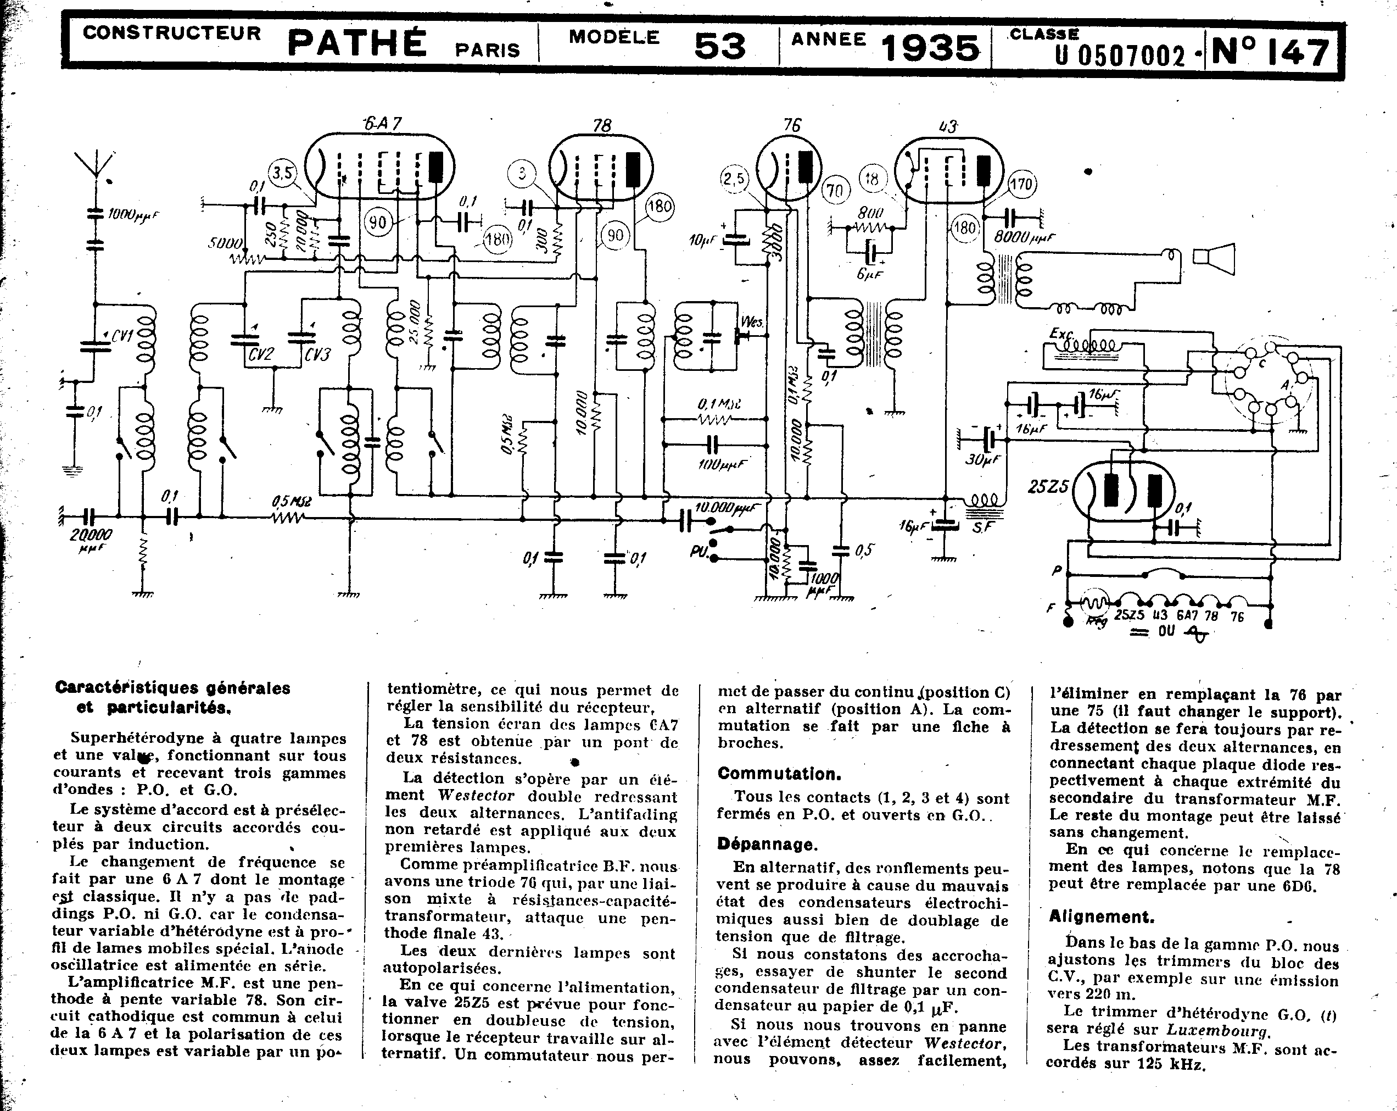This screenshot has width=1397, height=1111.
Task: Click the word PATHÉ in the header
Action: [x=356, y=43]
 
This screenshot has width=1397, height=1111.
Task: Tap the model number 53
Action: [x=719, y=46]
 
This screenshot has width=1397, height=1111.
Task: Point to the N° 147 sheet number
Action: [x=1270, y=52]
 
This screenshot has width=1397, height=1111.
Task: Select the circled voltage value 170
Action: [x=1021, y=185]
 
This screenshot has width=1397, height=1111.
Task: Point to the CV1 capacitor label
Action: [x=122, y=336]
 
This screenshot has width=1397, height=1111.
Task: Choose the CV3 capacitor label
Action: [x=317, y=354]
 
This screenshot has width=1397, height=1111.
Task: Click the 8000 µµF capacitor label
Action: [x=1024, y=238]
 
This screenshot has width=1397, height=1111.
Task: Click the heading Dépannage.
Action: [x=767, y=844]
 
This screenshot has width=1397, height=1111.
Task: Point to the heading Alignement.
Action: [x=1102, y=916]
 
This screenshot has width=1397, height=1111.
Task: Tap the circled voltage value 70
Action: [x=836, y=191]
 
